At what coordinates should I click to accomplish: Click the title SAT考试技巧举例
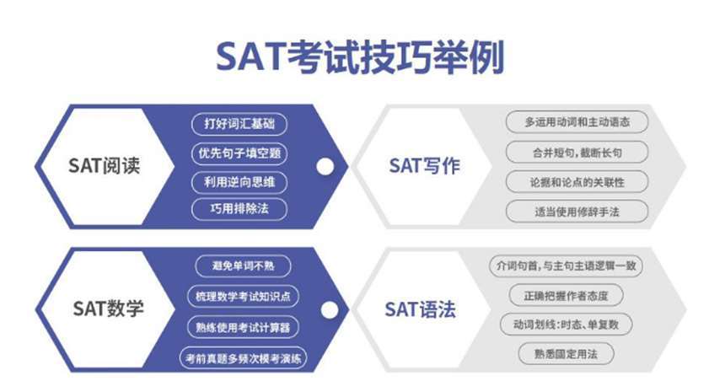(360, 56)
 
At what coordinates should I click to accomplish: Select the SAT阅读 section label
(104, 165)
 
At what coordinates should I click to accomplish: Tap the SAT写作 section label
(424, 165)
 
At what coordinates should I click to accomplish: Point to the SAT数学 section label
(108, 309)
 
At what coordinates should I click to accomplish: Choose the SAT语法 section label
(421, 309)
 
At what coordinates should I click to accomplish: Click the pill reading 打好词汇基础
(239, 124)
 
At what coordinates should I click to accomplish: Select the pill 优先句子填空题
(239, 153)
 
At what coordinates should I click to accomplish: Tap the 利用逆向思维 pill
(239, 182)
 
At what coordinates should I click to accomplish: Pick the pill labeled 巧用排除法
(239, 208)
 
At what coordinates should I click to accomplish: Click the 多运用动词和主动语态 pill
(577, 122)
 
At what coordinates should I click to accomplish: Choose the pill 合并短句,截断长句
(577, 153)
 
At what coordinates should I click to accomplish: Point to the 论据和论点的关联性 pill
(577, 182)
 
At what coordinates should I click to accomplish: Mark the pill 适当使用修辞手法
(577, 212)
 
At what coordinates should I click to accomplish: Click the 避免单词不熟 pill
(243, 266)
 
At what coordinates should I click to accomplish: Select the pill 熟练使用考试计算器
(243, 327)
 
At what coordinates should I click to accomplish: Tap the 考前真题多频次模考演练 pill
(243, 358)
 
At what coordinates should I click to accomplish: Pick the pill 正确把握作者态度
(566, 296)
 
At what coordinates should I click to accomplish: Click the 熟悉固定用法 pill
(566, 354)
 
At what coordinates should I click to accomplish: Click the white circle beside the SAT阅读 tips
(325, 167)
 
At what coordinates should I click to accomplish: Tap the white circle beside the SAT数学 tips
(330, 310)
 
